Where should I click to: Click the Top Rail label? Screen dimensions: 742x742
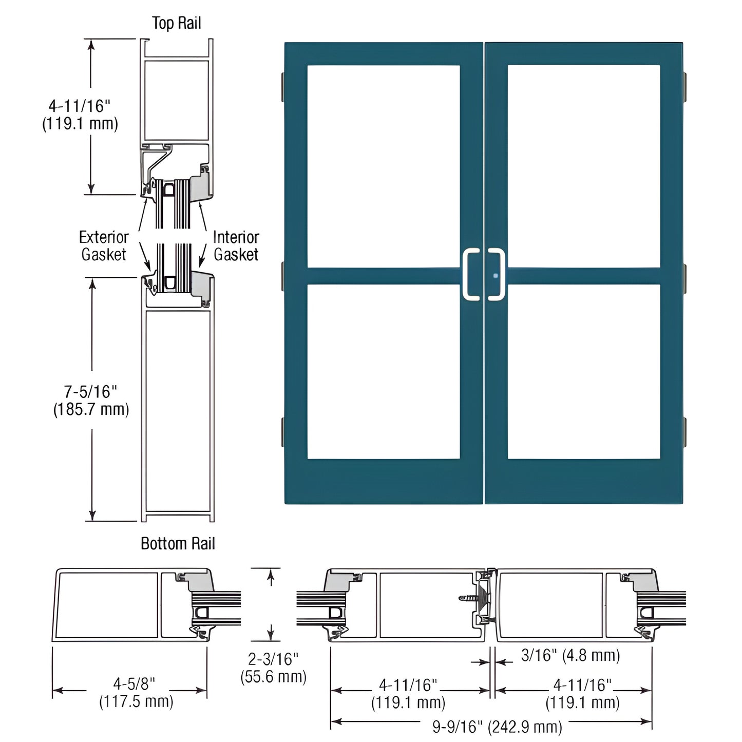coord(176,23)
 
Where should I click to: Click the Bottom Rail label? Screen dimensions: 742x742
coord(178,543)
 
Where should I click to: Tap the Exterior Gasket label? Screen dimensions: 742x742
coord(104,245)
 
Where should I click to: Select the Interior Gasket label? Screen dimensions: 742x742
coord(236,245)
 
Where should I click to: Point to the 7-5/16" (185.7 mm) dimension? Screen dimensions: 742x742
coord(91,401)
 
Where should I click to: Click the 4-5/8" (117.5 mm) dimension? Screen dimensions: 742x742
coord(136,692)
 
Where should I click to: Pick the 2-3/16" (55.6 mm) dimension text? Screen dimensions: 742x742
coord(273,668)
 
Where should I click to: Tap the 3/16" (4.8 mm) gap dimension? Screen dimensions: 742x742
coord(570,655)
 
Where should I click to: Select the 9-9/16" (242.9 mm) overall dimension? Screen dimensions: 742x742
coord(497,726)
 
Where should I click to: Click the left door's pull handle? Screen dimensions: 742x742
coord(471,274)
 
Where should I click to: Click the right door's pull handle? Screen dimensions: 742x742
coord(497,274)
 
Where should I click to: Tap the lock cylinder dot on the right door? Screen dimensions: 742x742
coord(496,276)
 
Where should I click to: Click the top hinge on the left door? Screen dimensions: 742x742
coord(282,86)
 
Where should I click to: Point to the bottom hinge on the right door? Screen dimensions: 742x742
coord(684,431)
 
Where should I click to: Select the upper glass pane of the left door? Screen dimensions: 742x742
coord(384,166)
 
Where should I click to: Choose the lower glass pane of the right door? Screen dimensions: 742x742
coord(584,371)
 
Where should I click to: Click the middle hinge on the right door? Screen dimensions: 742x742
coord(684,276)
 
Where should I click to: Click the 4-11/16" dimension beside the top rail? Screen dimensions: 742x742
coord(80,115)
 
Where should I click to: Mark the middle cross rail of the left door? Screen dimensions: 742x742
coord(384,276)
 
